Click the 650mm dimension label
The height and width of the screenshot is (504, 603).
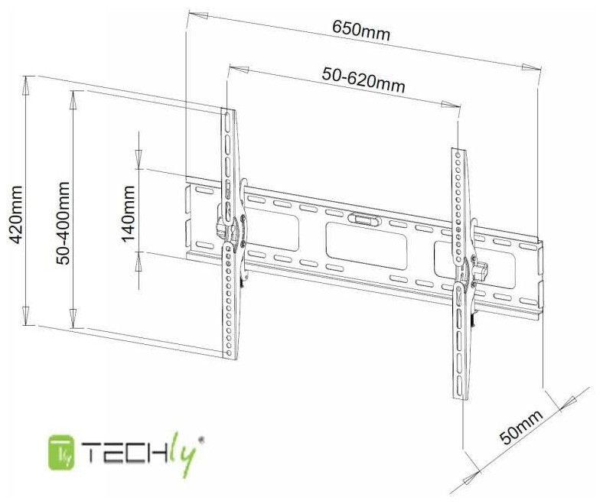coord(361,32)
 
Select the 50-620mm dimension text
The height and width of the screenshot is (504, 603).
coord(363,78)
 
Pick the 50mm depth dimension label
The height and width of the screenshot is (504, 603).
coord(521,427)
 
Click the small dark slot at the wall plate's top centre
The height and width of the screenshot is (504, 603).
coord(362,219)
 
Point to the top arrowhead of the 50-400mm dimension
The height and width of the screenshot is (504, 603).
coord(75,96)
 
